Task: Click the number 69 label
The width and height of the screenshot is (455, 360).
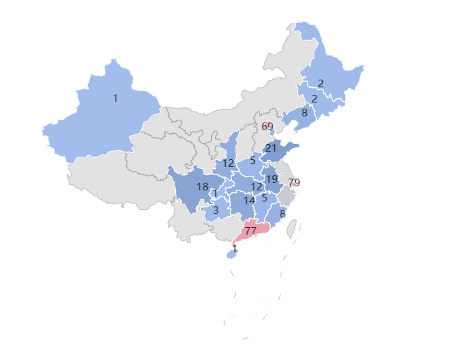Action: tap(267, 126)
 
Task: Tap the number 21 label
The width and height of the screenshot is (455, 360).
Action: tap(271, 148)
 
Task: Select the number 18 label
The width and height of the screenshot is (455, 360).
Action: tap(202, 187)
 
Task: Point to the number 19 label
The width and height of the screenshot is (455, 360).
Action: tap(271, 179)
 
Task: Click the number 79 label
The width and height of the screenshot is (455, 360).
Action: tap(294, 183)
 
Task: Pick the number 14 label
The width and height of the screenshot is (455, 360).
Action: tap(249, 200)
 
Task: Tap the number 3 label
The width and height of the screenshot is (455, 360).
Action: tap(216, 210)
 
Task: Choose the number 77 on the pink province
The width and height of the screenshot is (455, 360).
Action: tap(251, 231)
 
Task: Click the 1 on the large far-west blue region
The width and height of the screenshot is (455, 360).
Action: tap(115, 98)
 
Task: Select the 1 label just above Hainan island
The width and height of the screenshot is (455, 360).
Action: tap(235, 249)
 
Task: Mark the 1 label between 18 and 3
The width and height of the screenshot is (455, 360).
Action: tap(216, 194)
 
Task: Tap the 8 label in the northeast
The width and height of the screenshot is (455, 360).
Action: tap(304, 112)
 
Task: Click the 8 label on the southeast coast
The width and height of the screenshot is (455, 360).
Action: tap(283, 214)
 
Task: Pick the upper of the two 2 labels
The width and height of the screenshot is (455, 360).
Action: tap(321, 84)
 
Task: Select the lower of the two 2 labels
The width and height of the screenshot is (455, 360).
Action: tap(314, 99)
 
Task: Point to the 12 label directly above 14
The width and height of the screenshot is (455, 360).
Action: tap(256, 187)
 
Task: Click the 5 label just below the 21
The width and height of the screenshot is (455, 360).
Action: tap(253, 161)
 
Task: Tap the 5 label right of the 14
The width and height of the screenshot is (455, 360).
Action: tap(265, 198)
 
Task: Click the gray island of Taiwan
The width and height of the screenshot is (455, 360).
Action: tap(292, 228)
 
